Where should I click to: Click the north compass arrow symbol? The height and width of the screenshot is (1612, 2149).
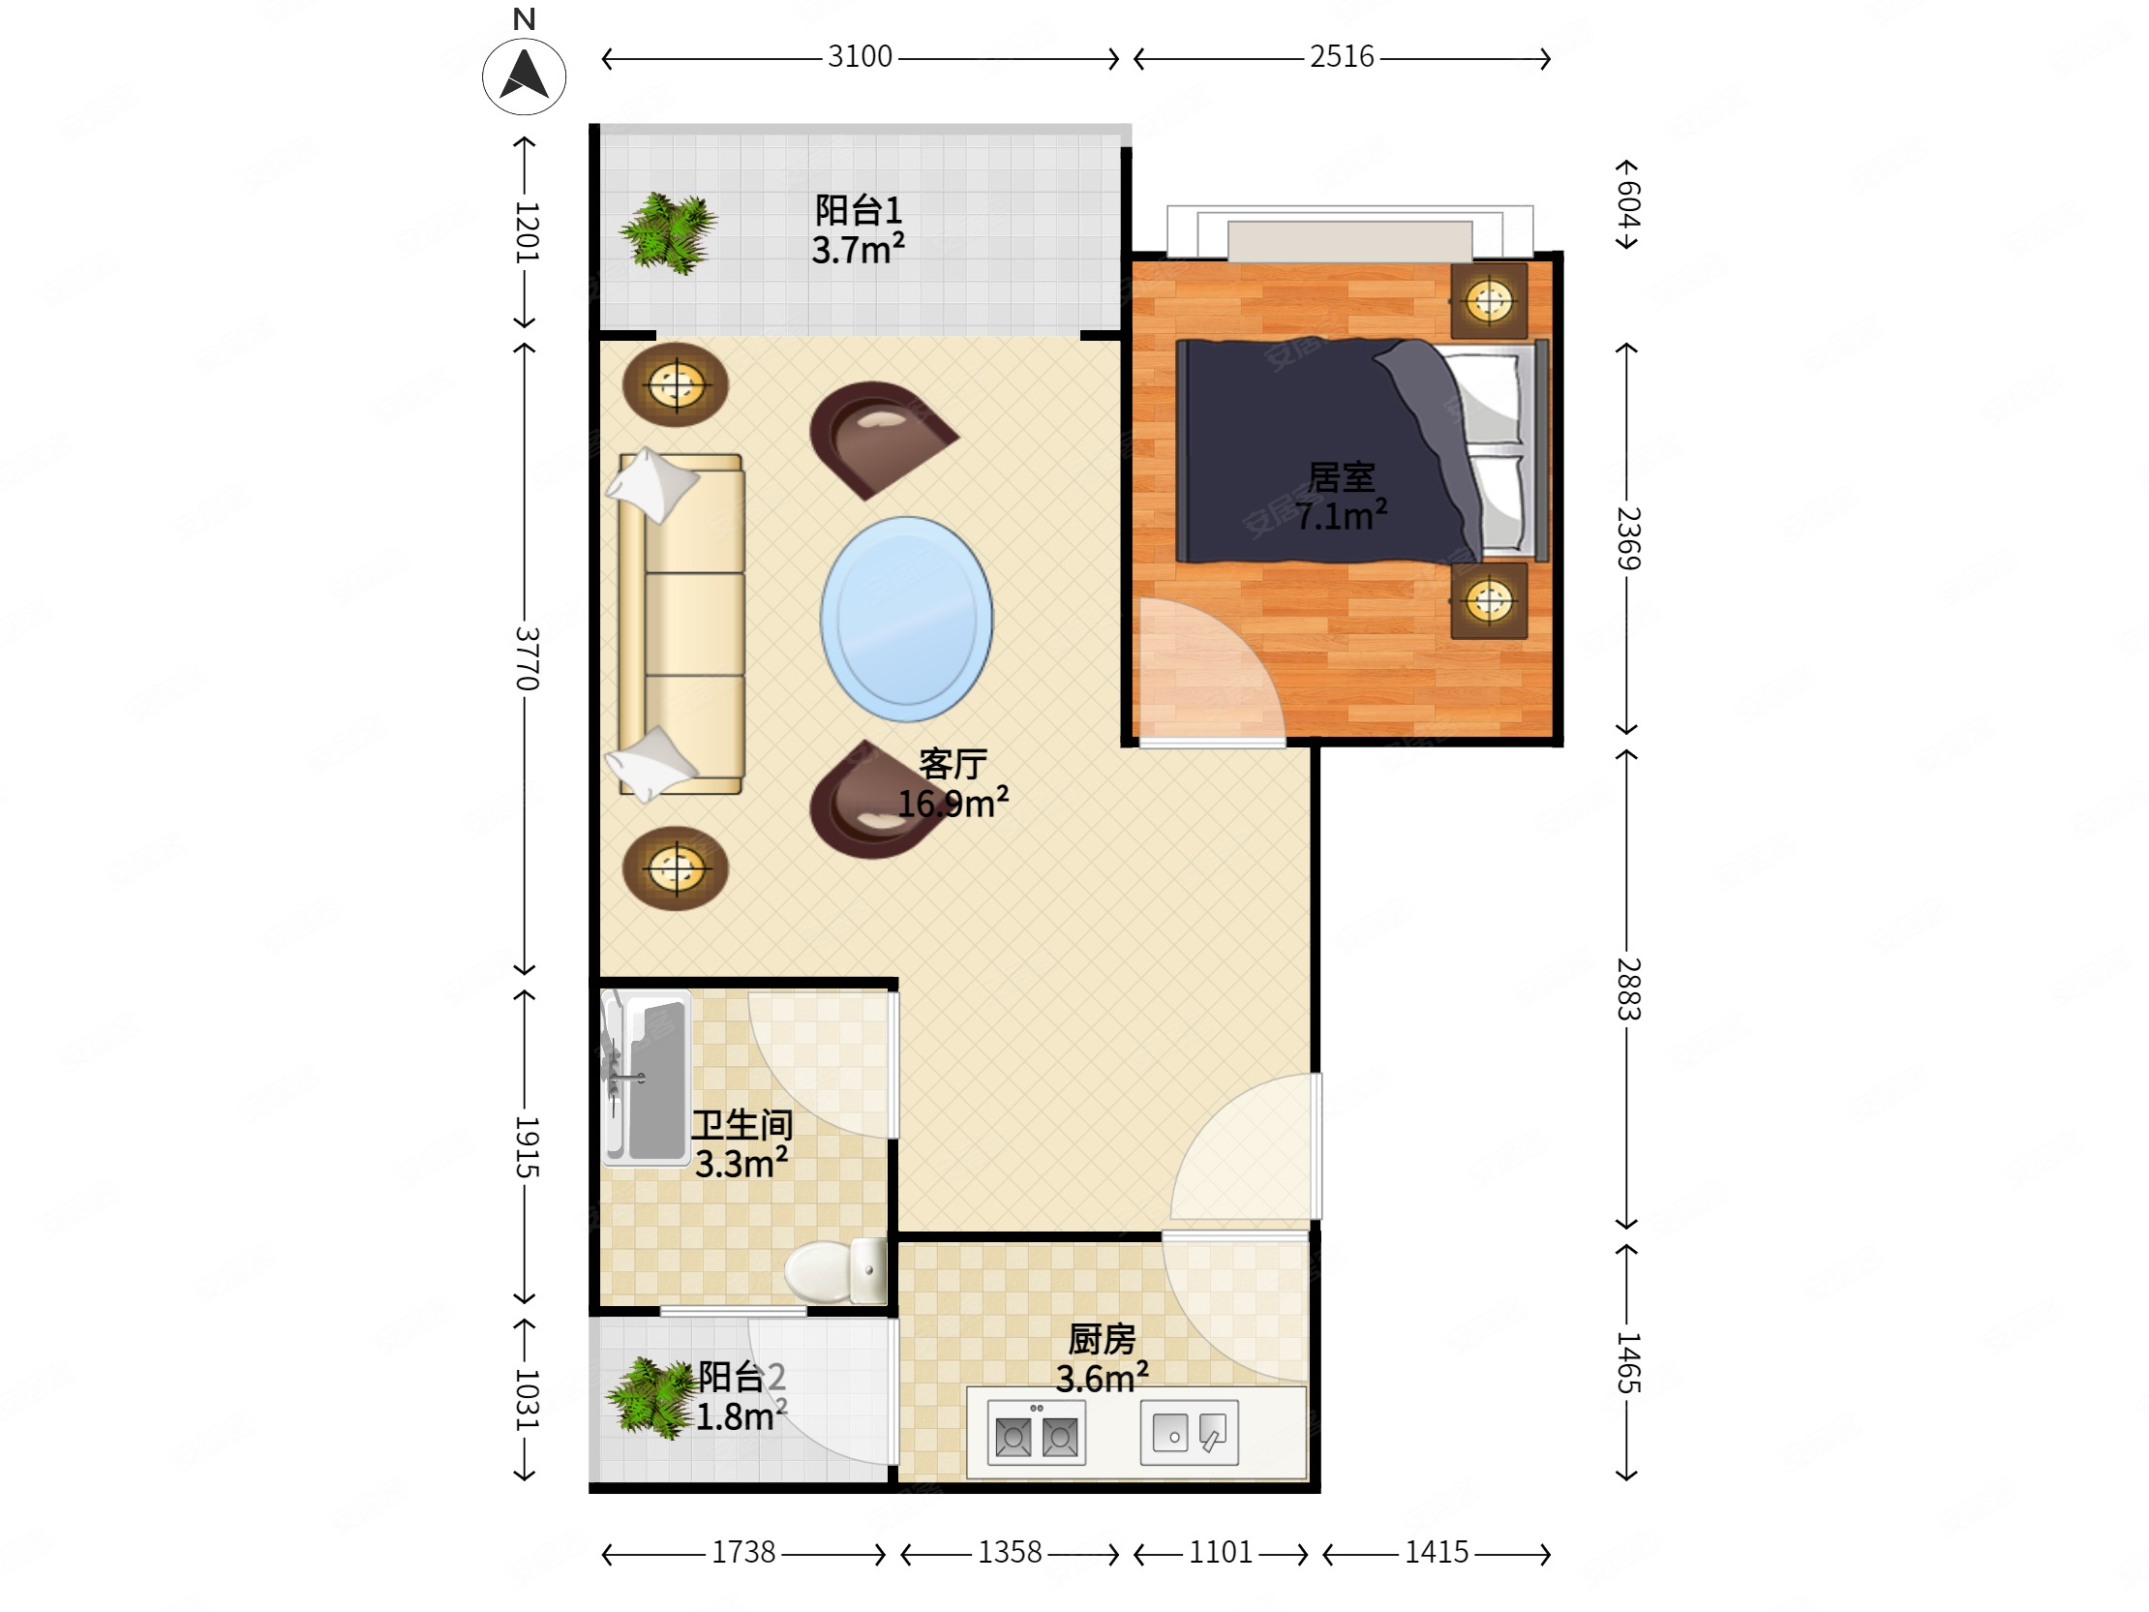pos(524,76)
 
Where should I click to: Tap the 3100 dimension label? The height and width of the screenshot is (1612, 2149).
pos(860,56)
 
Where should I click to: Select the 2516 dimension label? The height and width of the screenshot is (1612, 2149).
pos(1342,56)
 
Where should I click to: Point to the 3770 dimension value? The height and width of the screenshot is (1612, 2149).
pos(526,657)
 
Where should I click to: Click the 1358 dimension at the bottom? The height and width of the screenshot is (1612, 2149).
pos(1010,1552)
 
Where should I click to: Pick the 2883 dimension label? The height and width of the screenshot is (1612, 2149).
pos(1628,989)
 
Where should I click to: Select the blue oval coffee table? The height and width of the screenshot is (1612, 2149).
pos(906,619)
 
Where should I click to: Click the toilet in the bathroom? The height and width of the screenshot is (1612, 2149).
pos(835,1271)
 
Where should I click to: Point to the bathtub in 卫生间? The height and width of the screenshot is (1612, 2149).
pos(645,1077)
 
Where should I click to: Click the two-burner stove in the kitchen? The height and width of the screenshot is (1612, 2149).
pos(1036,1432)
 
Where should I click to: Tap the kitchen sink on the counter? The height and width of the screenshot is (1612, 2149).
pos(1189,1432)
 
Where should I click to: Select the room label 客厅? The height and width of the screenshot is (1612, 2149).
pos(953,765)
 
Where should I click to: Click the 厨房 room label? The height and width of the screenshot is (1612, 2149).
pos(1102,1340)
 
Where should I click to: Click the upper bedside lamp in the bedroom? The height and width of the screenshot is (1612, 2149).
pos(1489,300)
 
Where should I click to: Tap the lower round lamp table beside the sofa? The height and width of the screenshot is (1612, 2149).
pos(676,868)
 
